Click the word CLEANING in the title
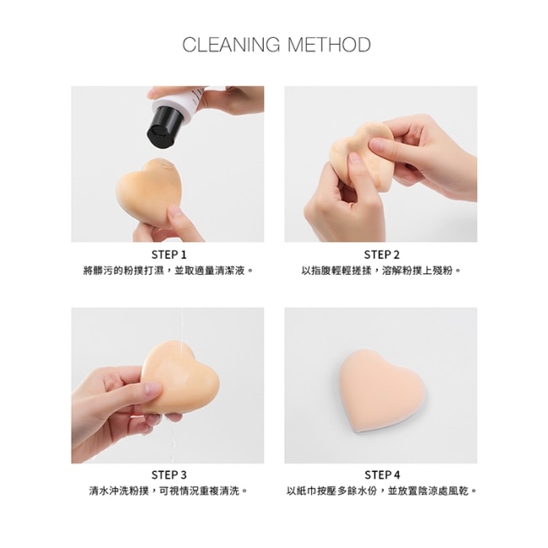click(231, 45)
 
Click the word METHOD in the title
click(329, 45)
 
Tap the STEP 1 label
click(169, 255)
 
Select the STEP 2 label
click(381, 255)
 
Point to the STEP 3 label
click(169, 475)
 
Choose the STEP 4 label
click(382, 475)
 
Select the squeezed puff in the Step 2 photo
click(360, 153)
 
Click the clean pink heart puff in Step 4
click(383, 393)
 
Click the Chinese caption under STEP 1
click(168, 271)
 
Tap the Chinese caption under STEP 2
click(381, 271)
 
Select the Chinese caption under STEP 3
click(169, 491)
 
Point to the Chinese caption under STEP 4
click(382, 491)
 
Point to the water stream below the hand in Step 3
click(174, 440)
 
